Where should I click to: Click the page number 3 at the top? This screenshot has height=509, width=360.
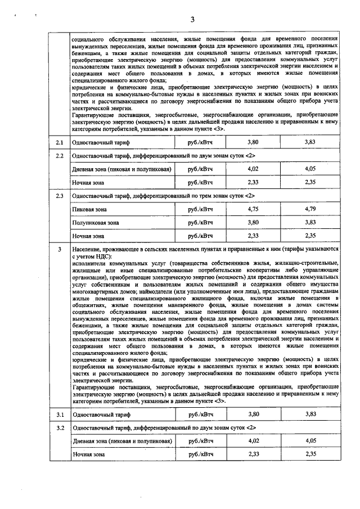(192, 20)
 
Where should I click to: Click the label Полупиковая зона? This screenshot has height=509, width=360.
(96, 222)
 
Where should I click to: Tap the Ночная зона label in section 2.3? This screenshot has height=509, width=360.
(88, 236)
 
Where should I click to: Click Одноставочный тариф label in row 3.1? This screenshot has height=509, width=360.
(101, 415)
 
